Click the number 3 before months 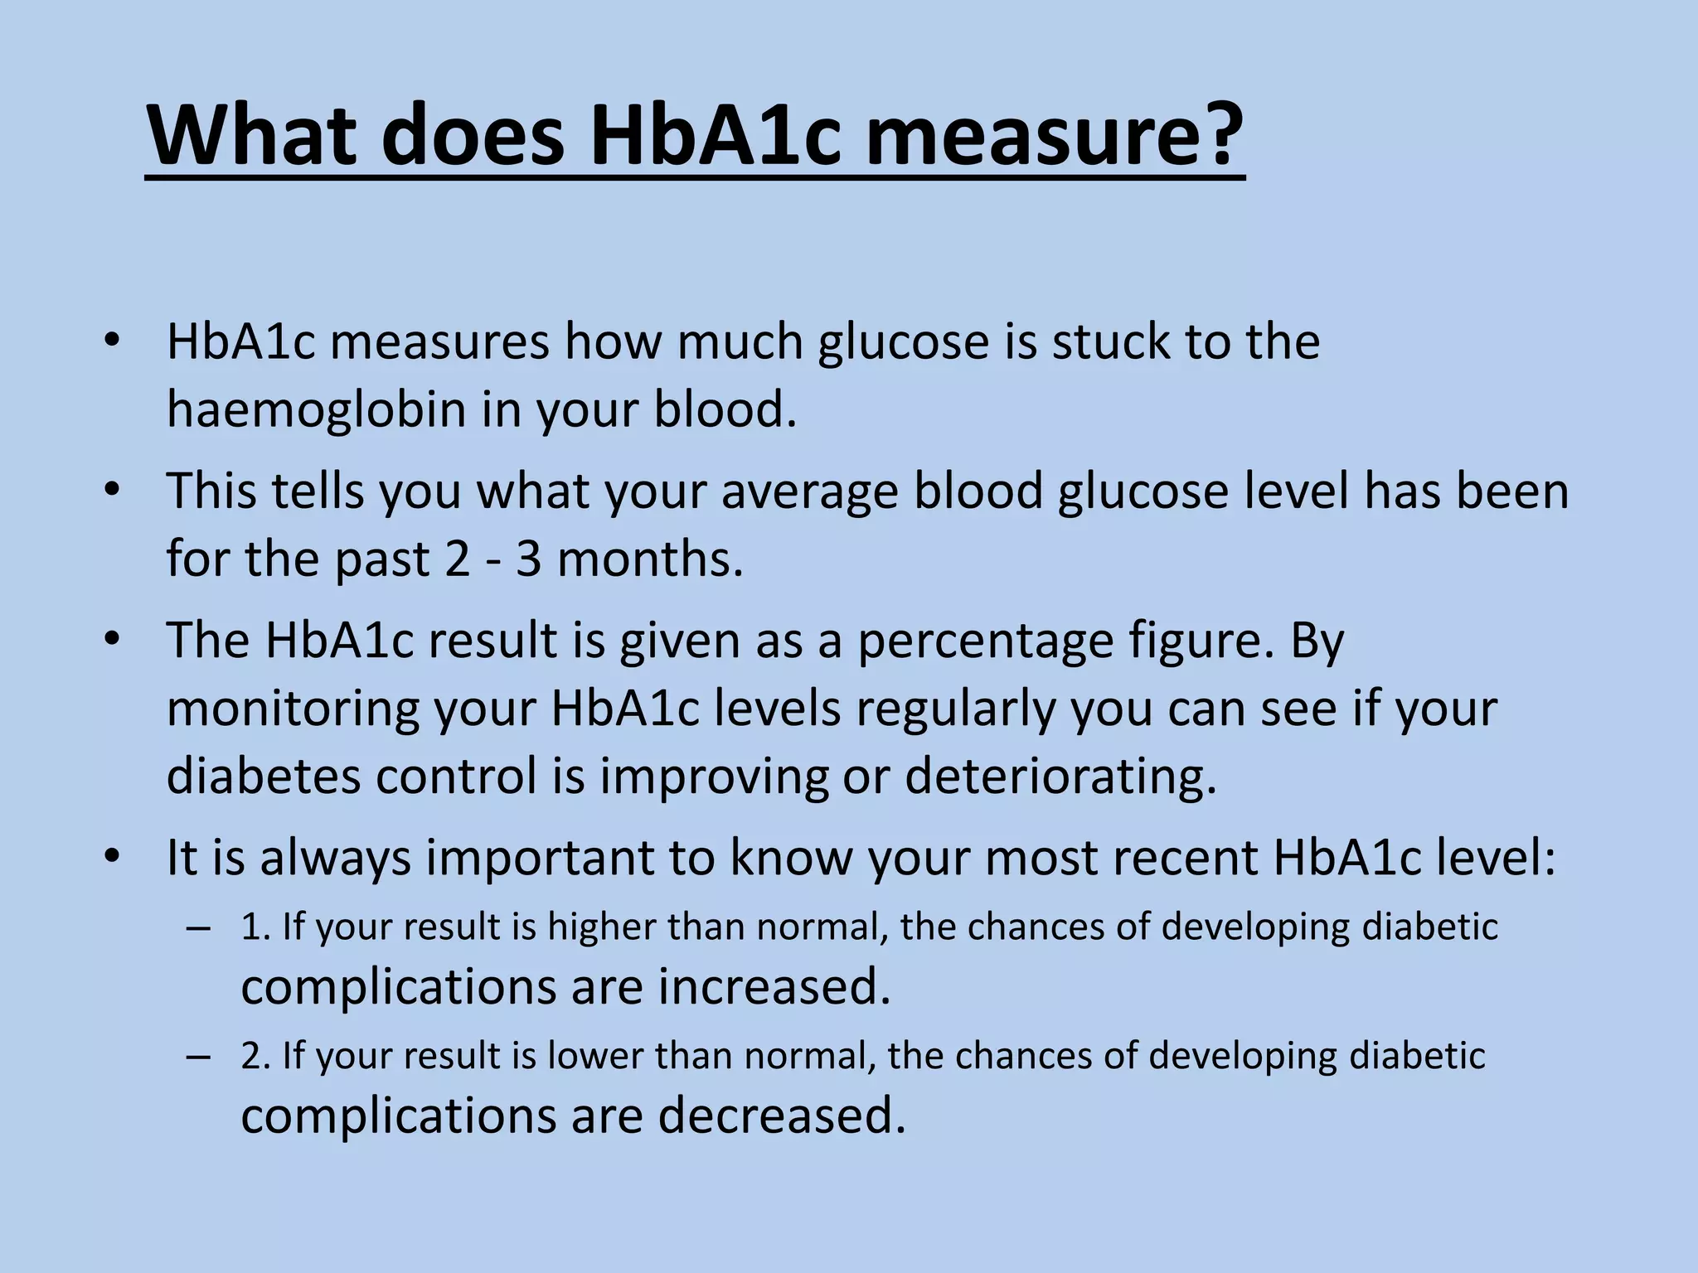[528, 559]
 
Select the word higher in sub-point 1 [602, 927]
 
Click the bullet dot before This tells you [113, 491]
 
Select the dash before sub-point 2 [199, 1058]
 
